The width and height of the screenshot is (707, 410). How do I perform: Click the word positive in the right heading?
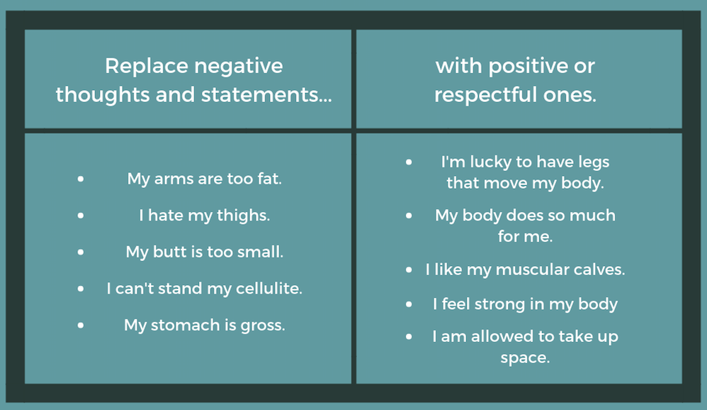click(x=510, y=67)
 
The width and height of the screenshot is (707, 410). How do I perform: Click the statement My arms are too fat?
click(x=204, y=179)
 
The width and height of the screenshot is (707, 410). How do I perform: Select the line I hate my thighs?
click(x=204, y=216)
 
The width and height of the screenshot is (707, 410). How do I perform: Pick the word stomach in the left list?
click(x=185, y=326)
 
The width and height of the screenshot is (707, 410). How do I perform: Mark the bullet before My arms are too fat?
click(x=81, y=179)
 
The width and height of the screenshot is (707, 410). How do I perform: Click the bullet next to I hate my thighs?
click(x=81, y=215)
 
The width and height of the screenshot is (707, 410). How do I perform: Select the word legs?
click(x=593, y=162)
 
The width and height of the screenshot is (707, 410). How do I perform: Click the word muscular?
click(x=533, y=270)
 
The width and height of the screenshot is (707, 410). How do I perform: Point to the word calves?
click(x=601, y=270)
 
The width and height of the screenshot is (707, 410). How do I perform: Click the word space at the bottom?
click(x=524, y=358)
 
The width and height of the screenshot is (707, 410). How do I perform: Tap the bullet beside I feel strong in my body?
click(x=409, y=304)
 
